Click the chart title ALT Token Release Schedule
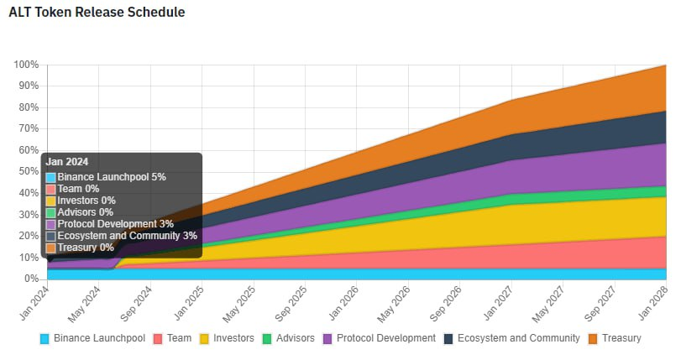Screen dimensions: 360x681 97,13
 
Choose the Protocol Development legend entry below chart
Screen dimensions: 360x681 380,338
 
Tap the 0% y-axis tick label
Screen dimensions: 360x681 32,279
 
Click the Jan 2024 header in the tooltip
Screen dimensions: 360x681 67,162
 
